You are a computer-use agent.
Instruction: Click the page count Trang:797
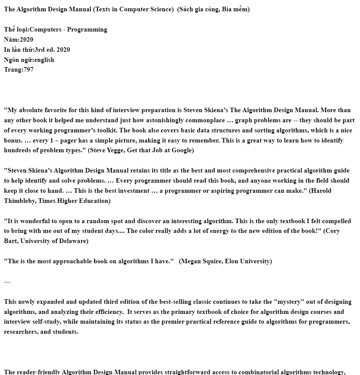point(19,70)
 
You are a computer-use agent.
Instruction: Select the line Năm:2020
point(19,39)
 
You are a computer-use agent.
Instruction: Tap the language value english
point(44,60)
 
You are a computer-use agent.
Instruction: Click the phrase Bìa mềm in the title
point(234,9)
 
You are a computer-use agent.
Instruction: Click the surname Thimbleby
point(19,201)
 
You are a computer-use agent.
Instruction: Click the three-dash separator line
point(7,281)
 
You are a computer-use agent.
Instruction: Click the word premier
point(173,322)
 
